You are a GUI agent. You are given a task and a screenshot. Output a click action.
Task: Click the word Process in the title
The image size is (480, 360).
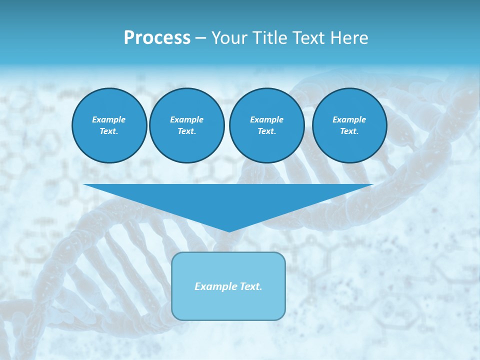(157, 38)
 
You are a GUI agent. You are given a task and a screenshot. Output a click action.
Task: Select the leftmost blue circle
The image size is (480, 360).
(109, 125)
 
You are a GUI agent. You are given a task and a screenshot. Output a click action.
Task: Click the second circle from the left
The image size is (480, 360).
(187, 125)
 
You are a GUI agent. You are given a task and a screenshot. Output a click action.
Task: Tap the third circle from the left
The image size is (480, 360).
(266, 125)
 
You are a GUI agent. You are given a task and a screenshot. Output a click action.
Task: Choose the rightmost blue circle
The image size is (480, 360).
(349, 125)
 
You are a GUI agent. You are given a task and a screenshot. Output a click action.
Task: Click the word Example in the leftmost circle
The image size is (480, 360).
(109, 119)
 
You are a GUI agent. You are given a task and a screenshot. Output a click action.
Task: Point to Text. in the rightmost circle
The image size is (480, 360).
(349, 131)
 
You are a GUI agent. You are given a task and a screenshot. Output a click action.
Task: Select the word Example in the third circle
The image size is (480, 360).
(266, 119)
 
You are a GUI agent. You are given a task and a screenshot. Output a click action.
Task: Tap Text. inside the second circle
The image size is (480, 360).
(187, 131)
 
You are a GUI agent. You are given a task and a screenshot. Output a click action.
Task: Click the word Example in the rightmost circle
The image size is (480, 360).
(349, 119)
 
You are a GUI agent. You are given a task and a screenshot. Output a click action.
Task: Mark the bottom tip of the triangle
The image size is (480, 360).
(228, 231)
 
